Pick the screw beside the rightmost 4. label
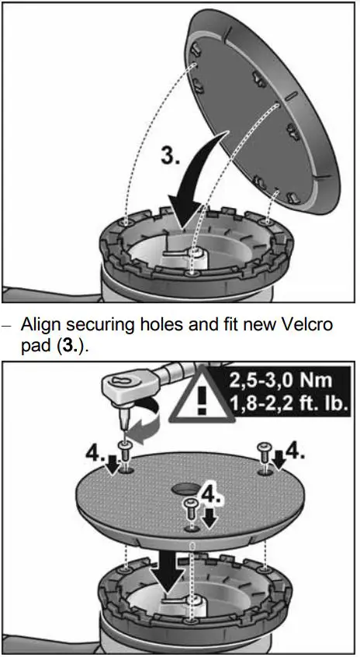[x=264, y=458]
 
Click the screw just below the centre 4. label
[x=189, y=508]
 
